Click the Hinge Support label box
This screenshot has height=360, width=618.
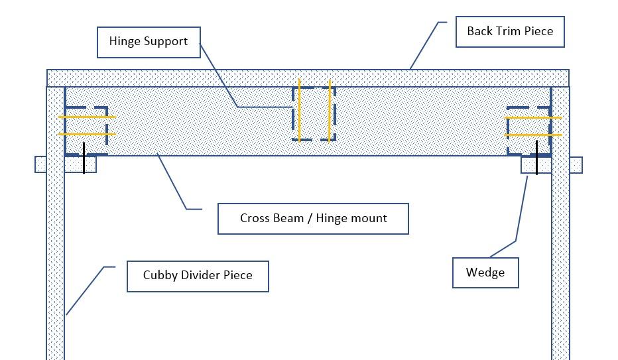pos(149,42)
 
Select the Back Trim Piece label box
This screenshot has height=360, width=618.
pos(509,31)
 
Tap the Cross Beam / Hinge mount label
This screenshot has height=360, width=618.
pos(313,218)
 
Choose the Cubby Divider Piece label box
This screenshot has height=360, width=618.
pos(198,275)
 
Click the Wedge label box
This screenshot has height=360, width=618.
pos(485,272)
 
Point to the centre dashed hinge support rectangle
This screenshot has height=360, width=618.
pos(314,113)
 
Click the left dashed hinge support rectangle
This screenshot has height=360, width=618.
pos(86,131)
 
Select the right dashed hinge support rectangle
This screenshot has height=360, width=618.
pos(528,131)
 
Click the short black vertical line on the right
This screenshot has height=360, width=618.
pos(536,158)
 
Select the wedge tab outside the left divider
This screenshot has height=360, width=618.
pos(40,164)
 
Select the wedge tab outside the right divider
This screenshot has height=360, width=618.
pos(576,164)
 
